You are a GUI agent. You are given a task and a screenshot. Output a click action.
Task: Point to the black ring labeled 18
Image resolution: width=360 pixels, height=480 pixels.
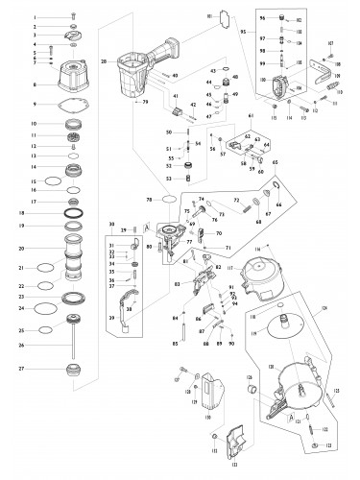(73, 212)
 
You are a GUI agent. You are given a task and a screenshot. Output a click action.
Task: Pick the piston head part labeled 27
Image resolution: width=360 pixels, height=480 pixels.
(73, 368)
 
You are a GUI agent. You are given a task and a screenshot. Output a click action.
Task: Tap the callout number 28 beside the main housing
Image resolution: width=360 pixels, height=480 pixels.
(104, 60)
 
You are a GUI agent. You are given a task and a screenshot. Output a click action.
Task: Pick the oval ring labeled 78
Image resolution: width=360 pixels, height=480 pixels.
(168, 201)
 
